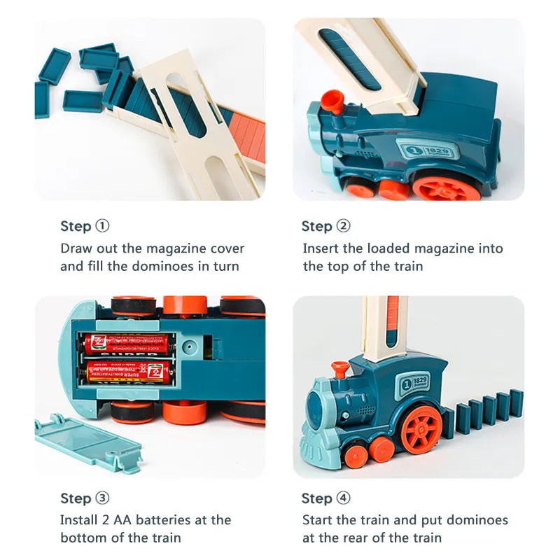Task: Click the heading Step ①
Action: [85, 226]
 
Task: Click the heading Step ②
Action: [325, 226]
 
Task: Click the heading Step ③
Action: [85, 498]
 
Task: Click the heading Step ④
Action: [325, 498]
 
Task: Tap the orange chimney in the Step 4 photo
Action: [340, 368]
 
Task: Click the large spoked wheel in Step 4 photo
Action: [422, 428]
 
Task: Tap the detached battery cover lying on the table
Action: [87, 441]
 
